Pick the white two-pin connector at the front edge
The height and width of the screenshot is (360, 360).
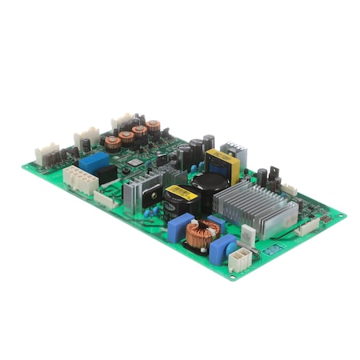tap(238, 258)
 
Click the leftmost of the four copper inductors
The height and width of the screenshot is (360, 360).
tap(113, 142)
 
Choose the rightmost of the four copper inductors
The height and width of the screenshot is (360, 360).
tap(153, 127)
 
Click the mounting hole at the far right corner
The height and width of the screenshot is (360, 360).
tap(345, 215)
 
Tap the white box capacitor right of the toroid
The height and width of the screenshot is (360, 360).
tap(249, 235)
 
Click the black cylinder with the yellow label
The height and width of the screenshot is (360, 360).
tap(174, 198)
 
